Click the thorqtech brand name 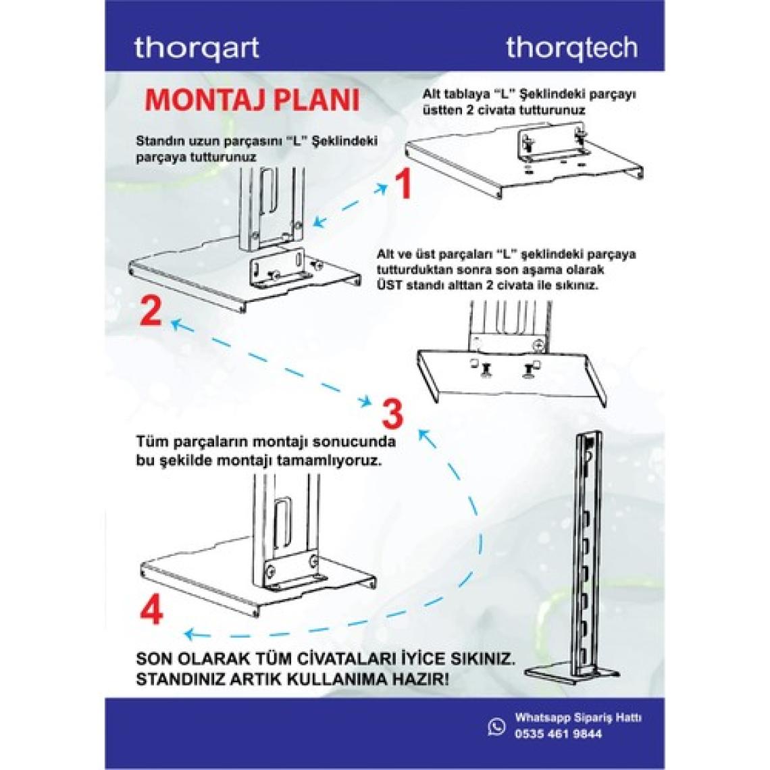pyautogui.click(x=572, y=48)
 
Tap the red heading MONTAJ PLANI pyautogui.click(x=253, y=100)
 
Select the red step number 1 pyautogui.click(x=403, y=184)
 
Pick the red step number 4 pyautogui.click(x=152, y=609)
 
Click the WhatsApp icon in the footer pyautogui.click(x=496, y=726)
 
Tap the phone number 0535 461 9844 pyautogui.click(x=559, y=734)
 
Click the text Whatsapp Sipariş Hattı pyautogui.click(x=578, y=718)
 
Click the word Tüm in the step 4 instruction pyautogui.click(x=151, y=442)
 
